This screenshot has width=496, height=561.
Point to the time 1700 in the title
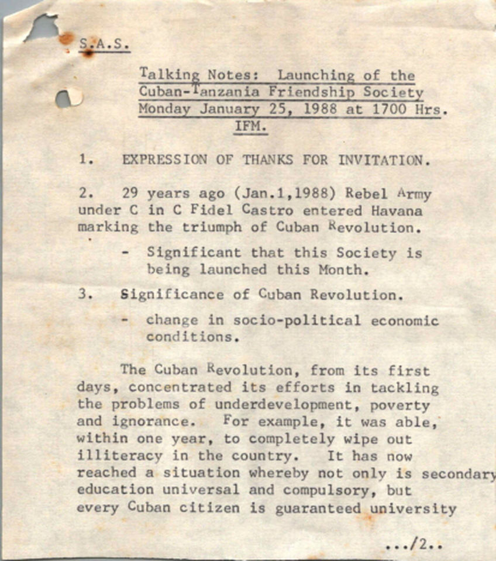(x=382, y=109)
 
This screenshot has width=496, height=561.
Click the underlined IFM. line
(x=251, y=126)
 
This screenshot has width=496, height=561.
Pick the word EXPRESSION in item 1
(x=164, y=160)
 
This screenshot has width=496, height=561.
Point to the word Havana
(x=398, y=210)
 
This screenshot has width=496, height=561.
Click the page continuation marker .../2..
(x=414, y=545)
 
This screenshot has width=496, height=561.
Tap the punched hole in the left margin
(x=67, y=98)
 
